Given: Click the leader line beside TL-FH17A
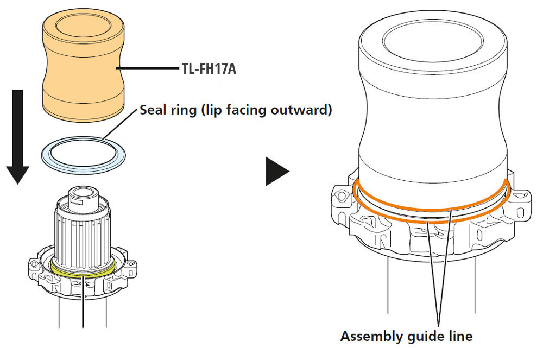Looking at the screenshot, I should tap(149, 69).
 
